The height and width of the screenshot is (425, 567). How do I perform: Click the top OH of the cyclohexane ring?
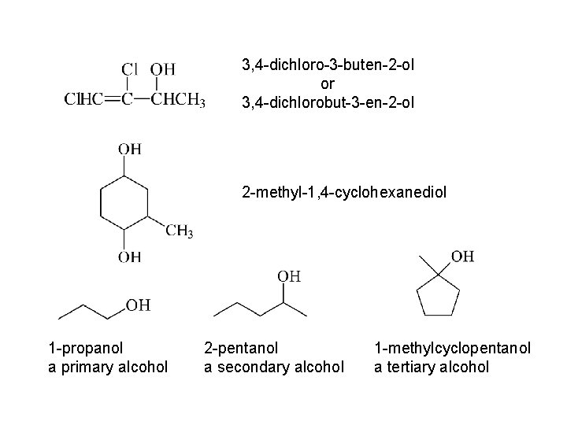tap(130, 148)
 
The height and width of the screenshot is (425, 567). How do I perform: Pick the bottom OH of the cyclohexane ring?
tap(130, 256)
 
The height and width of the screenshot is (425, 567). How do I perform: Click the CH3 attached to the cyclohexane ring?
tap(179, 231)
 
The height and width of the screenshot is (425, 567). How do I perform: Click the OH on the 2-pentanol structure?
tap(289, 275)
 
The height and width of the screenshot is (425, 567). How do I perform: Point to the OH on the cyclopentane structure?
tap(463, 256)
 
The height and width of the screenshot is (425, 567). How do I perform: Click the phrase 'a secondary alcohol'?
tap(274, 366)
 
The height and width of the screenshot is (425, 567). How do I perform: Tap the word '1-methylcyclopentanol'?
tap(452, 347)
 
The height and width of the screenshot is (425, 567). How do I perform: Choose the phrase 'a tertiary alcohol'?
tap(432, 366)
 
